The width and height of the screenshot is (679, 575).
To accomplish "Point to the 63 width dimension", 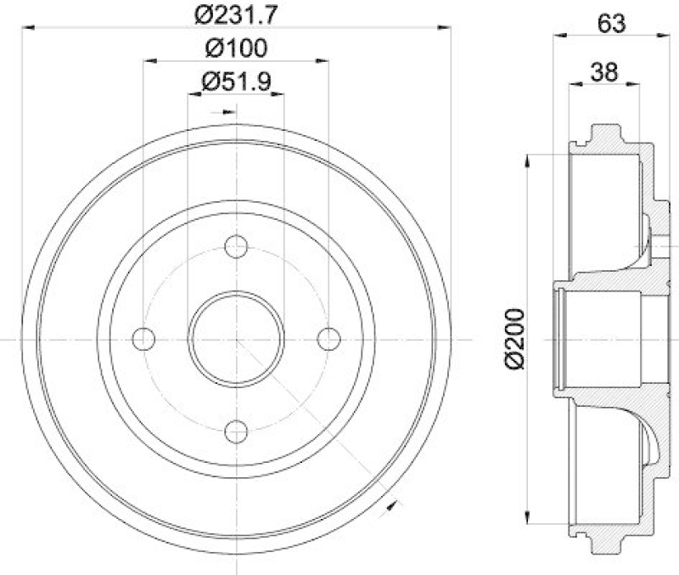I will coord(611,23).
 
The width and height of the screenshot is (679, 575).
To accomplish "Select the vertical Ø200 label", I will coord(513,339).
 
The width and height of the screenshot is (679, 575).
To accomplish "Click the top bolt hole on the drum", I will coord(236,247).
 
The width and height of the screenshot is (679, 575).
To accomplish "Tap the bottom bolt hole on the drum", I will coord(236,431).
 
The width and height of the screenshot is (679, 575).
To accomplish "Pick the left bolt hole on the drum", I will coord(144,339).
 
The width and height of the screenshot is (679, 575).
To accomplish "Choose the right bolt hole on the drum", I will coord(328,339).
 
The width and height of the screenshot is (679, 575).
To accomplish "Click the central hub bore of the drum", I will coord(236,339).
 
